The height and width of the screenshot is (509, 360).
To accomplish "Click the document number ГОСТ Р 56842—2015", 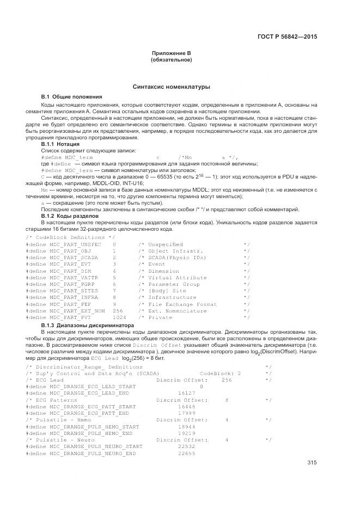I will pyautogui.click(x=286, y=38).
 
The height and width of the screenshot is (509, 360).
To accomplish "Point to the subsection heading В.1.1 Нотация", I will pyautogui.click(x=62, y=144).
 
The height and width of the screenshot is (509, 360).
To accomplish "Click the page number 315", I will pyautogui.click(x=312, y=463).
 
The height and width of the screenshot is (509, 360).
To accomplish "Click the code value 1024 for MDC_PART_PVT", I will pyautogui.click(x=119, y=317).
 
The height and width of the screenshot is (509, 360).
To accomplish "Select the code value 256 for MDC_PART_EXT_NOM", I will pyautogui.click(x=117, y=311).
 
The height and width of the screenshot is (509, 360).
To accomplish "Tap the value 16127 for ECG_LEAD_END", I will pyautogui.click(x=187, y=407).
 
